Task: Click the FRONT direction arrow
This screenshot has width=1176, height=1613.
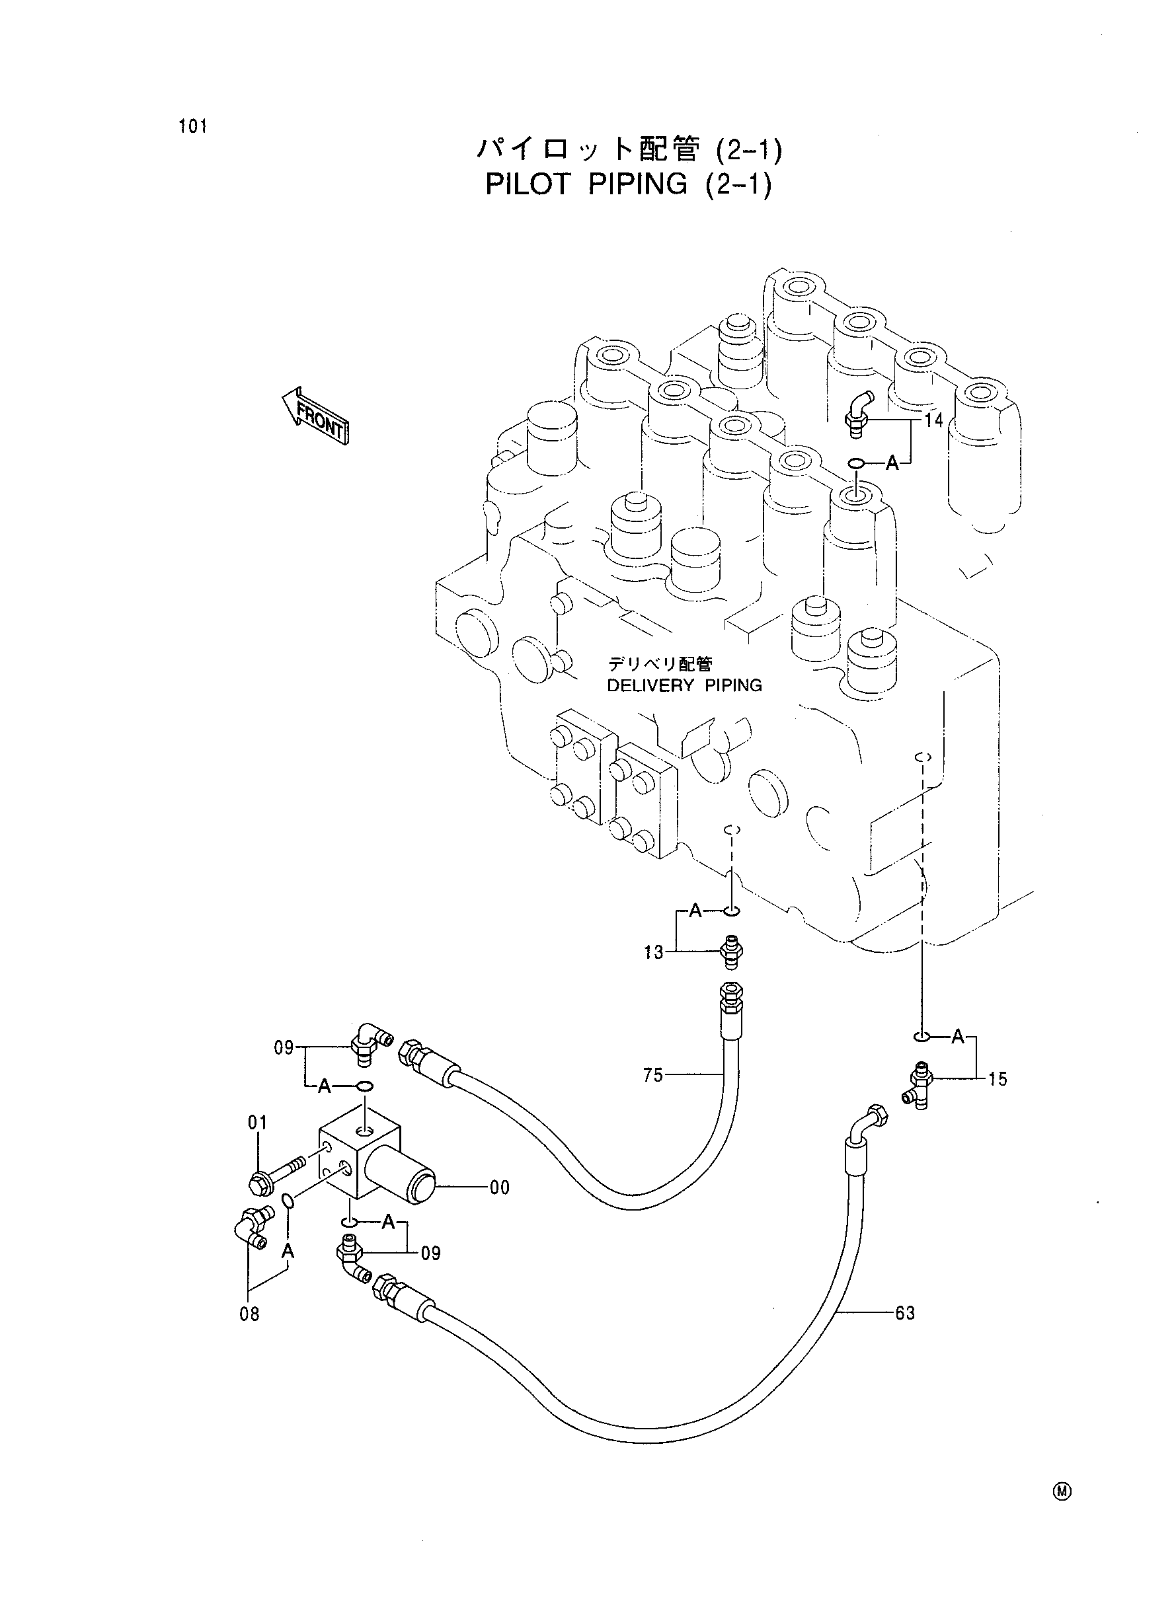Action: (x=315, y=416)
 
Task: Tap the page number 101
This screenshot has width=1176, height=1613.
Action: (x=193, y=127)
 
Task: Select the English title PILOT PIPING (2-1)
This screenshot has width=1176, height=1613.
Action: (x=629, y=184)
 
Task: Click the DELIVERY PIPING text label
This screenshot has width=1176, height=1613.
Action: (x=684, y=685)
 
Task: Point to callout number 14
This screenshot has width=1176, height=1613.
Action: (x=933, y=420)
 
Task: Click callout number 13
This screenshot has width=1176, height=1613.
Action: (x=654, y=952)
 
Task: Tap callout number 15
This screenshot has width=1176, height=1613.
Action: (x=998, y=1079)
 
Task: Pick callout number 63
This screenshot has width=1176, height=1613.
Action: (x=905, y=1313)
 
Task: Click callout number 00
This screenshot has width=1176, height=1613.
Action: (x=500, y=1187)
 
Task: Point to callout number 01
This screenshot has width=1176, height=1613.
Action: (x=258, y=1123)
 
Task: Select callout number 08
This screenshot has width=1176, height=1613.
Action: (x=250, y=1314)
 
